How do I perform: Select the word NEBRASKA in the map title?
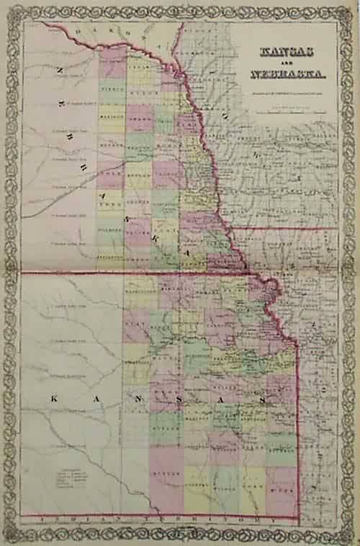287,73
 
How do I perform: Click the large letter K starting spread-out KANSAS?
53,397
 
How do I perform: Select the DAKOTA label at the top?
108,30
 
